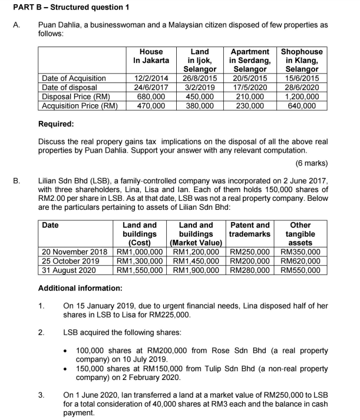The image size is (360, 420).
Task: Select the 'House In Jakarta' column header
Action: (151, 56)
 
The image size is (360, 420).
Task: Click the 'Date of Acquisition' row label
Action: (74, 78)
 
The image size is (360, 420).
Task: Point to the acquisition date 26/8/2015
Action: (200, 78)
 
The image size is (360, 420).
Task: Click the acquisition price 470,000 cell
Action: (151, 106)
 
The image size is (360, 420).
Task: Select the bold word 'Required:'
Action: (56, 124)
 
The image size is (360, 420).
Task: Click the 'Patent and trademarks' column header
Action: (250, 229)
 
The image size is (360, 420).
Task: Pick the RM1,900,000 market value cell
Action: (196, 271)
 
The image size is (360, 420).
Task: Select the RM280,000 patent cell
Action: (250, 271)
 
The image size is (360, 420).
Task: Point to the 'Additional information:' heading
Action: (80, 289)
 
